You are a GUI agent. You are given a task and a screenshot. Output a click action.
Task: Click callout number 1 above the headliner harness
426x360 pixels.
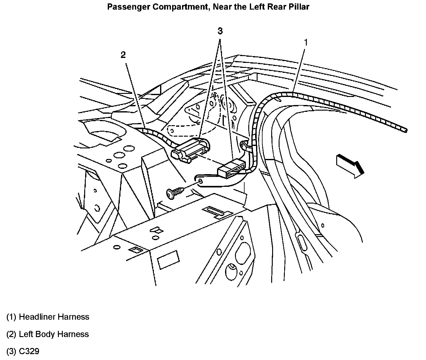coord(306,42)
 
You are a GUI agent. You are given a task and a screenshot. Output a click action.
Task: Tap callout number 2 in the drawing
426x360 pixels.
coord(123,55)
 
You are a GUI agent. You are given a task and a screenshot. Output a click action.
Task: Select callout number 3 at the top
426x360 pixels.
coord(220,31)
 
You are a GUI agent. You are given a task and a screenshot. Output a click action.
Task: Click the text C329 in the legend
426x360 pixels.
coord(29,352)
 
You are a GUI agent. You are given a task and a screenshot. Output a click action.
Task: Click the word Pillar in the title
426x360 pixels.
coord(299,7)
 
